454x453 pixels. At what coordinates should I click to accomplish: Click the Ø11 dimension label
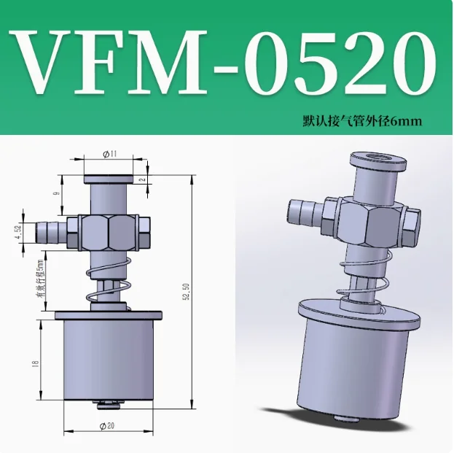tap(111, 155)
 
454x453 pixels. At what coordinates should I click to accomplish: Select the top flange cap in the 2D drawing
tap(107, 179)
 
